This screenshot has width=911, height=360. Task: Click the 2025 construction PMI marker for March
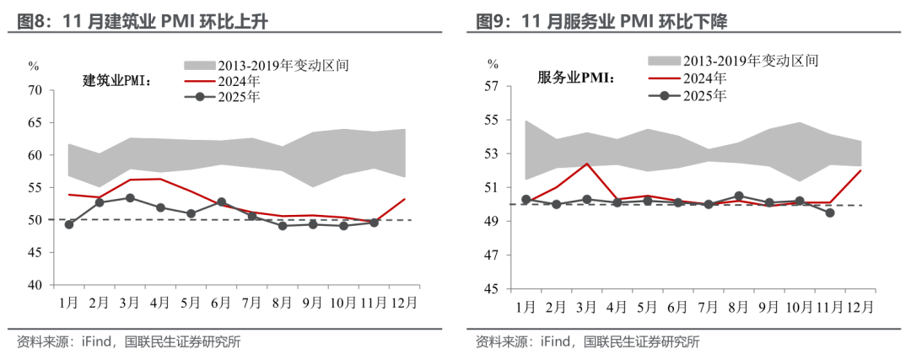(x=130, y=198)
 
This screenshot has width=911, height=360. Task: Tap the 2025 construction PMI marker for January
(x=69, y=224)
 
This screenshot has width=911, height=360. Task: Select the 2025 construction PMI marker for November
(x=374, y=223)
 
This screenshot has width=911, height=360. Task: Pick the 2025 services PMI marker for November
(x=831, y=213)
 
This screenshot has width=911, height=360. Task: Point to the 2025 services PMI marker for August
(x=739, y=196)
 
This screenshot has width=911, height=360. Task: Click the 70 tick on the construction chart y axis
(x=35, y=90)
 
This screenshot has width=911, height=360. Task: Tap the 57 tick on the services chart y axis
(x=493, y=86)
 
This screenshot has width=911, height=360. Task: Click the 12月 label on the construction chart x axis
(x=403, y=301)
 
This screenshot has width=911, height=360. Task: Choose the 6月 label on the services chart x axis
(x=678, y=306)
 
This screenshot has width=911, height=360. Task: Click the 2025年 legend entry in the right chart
(x=704, y=95)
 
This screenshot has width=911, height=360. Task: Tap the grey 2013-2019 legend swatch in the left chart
(x=199, y=64)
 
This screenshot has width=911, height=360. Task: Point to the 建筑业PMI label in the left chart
(x=117, y=80)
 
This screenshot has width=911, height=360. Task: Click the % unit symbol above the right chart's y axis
(x=493, y=64)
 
